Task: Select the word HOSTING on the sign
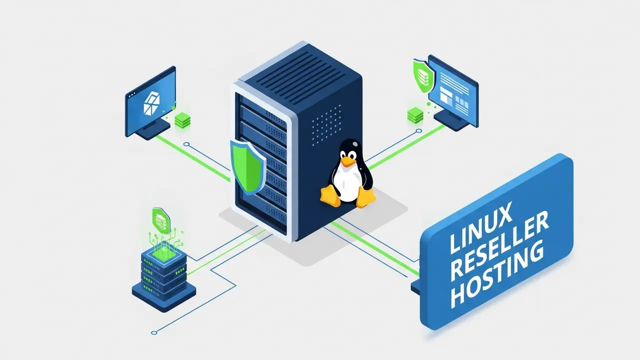(x=496, y=272)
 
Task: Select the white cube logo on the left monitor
(x=150, y=103)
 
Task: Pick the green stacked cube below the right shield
(x=415, y=115)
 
